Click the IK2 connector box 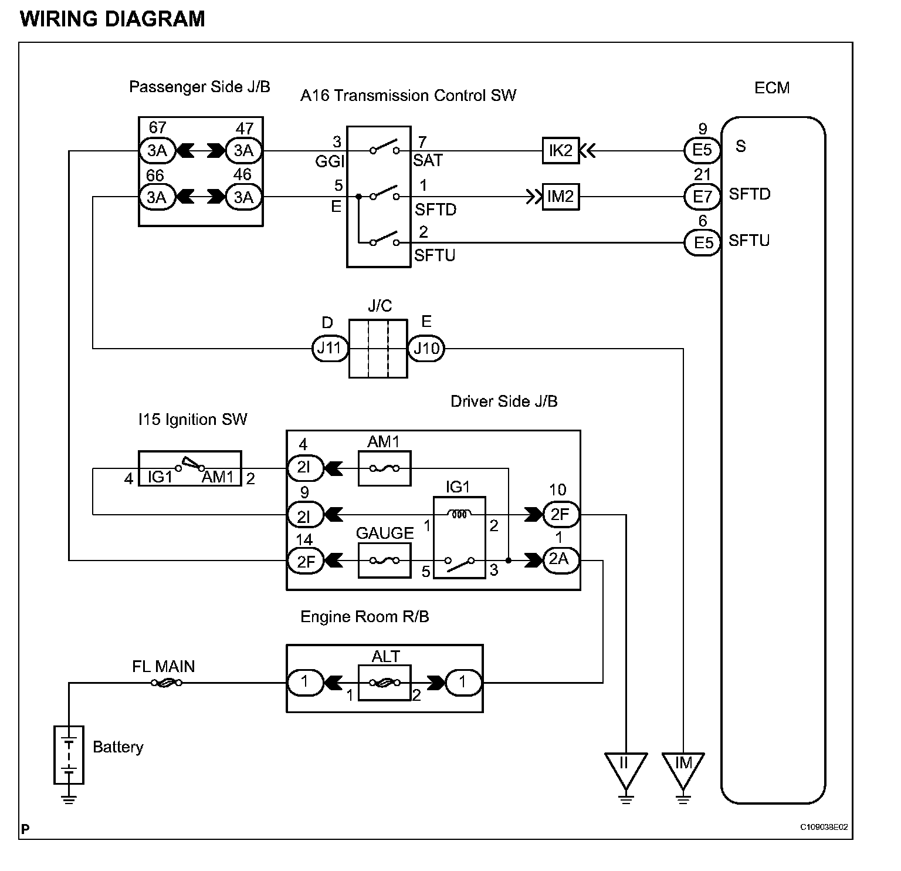[x=560, y=150]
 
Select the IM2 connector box [x=560, y=197]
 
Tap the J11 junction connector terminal [x=329, y=349]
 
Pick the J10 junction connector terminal [x=426, y=349]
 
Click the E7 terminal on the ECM [x=702, y=197]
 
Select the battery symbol [x=69, y=755]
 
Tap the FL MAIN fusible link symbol [x=167, y=683]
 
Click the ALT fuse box [x=385, y=683]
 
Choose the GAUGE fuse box [x=385, y=561]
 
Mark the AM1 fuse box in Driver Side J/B [x=385, y=468]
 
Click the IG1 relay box [x=459, y=538]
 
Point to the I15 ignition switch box [x=189, y=468]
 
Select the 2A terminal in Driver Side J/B [x=561, y=561]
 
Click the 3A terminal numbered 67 [x=157, y=150]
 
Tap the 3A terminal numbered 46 [x=243, y=197]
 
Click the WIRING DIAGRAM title [x=113, y=19]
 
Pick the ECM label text [x=772, y=88]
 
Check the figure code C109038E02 [x=824, y=828]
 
